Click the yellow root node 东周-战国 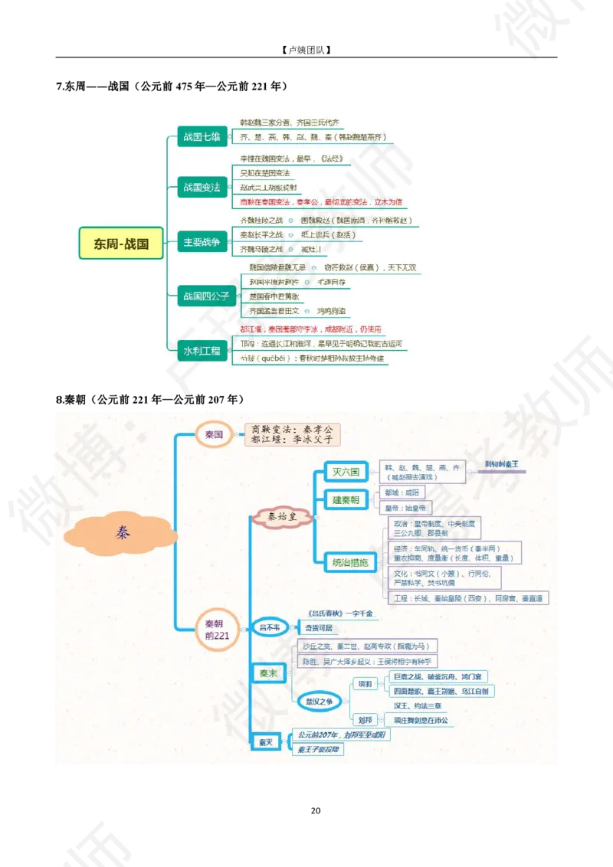tap(121, 244)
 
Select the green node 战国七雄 tap(201, 137)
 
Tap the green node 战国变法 tap(201, 188)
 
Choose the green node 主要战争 tap(201, 243)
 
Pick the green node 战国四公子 tap(205, 296)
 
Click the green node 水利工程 tap(201, 351)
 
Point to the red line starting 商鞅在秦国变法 tap(321, 203)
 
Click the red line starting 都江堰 tap(321, 329)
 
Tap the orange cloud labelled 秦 tap(122, 531)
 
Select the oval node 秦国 tap(214, 434)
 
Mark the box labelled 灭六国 tap(346, 471)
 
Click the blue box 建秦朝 tap(346, 500)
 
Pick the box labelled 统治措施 tap(349, 562)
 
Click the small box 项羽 tap(364, 682)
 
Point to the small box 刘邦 tap(364, 720)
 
